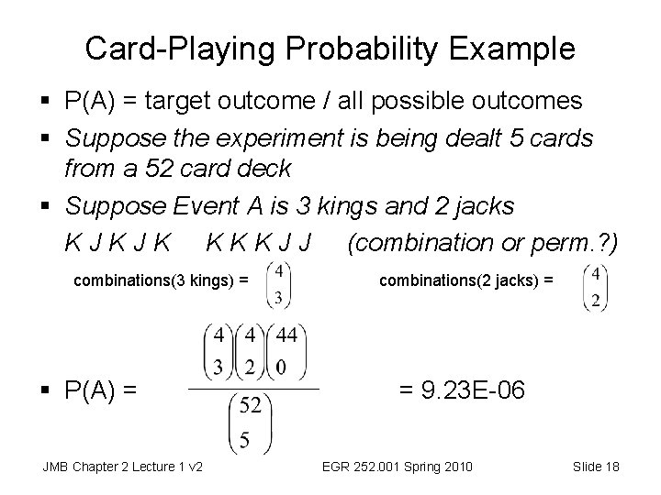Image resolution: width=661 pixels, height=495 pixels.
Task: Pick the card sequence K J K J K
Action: tap(117, 245)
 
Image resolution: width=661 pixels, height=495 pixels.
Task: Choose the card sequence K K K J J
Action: tap(260, 245)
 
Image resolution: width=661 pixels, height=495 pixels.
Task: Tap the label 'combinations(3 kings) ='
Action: tap(161, 282)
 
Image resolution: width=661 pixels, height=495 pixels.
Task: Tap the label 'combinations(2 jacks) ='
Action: tap(466, 282)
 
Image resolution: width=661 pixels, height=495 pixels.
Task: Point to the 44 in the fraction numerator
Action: tap(286, 335)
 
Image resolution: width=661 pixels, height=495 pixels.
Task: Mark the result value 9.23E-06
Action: tap(462, 390)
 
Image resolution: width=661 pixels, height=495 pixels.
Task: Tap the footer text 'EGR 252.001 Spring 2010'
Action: tap(398, 467)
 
